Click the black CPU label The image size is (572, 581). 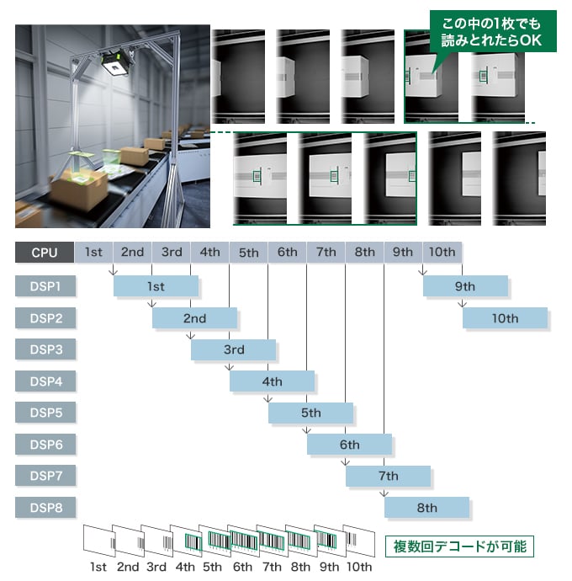coord(45,252)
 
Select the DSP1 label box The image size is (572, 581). coord(45,286)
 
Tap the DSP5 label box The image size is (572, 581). coord(45,413)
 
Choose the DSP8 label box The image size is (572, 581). coord(45,508)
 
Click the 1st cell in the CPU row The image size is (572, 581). coord(93,252)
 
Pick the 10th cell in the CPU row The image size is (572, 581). coord(442,252)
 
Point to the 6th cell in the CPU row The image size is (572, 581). coord(288,252)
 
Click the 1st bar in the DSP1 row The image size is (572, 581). coord(156,286)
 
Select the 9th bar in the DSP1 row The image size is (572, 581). coord(465,286)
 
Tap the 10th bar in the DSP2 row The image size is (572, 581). coord(505,318)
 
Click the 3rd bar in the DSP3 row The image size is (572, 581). coord(234,349)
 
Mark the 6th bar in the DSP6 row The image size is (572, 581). coord(350,445)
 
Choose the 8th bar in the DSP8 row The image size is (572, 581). coord(427,508)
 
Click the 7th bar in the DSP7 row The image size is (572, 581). coord(389,476)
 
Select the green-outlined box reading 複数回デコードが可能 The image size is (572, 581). coord(459,546)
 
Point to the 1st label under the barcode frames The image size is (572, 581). coord(98,567)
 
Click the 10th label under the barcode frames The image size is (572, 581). coord(359,567)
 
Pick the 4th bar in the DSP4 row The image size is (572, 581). coord(273,381)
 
